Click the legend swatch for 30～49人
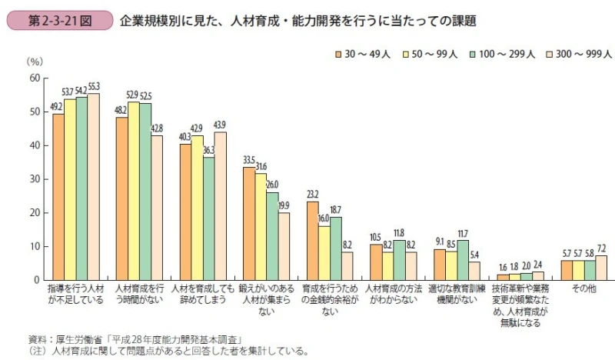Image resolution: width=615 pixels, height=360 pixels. point(337,55)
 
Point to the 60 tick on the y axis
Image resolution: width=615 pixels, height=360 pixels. point(34,78)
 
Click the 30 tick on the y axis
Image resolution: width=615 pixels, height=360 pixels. point(34,179)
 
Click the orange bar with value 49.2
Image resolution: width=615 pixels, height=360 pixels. point(58,197)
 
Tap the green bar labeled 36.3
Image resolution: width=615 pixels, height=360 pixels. point(209,218)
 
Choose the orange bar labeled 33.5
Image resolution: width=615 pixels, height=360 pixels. point(249,223)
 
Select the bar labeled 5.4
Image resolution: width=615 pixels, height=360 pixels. point(474,271)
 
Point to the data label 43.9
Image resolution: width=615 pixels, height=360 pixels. point(221,125)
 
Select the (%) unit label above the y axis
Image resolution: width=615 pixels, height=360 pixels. point(35,61)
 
